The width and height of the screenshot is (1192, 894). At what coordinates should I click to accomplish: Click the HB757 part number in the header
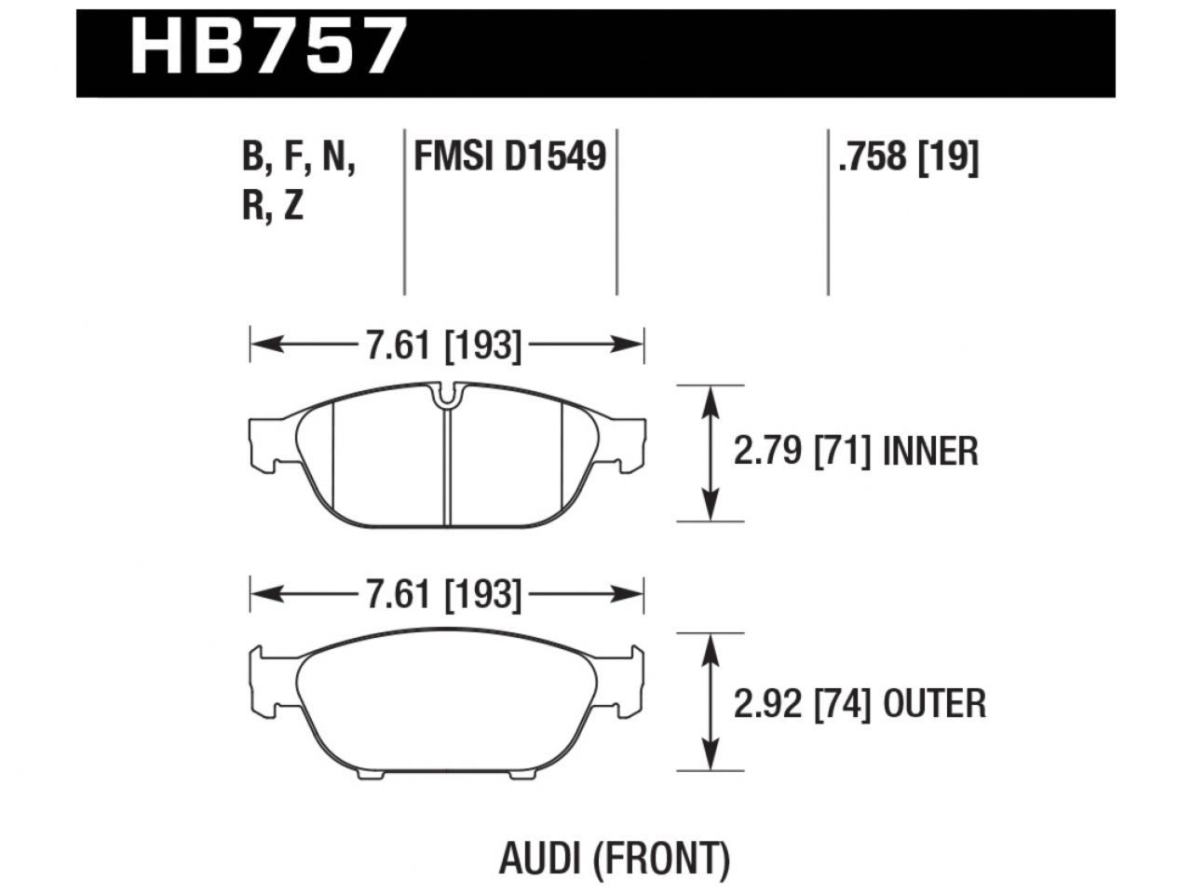click(269, 47)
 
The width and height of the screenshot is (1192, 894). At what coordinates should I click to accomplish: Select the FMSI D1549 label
click(509, 156)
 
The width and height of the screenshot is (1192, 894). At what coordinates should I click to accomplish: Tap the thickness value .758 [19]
click(908, 156)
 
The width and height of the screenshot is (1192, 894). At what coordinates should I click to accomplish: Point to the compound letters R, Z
click(273, 205)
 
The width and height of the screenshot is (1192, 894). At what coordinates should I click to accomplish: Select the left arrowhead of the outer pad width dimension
click(261, 593)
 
